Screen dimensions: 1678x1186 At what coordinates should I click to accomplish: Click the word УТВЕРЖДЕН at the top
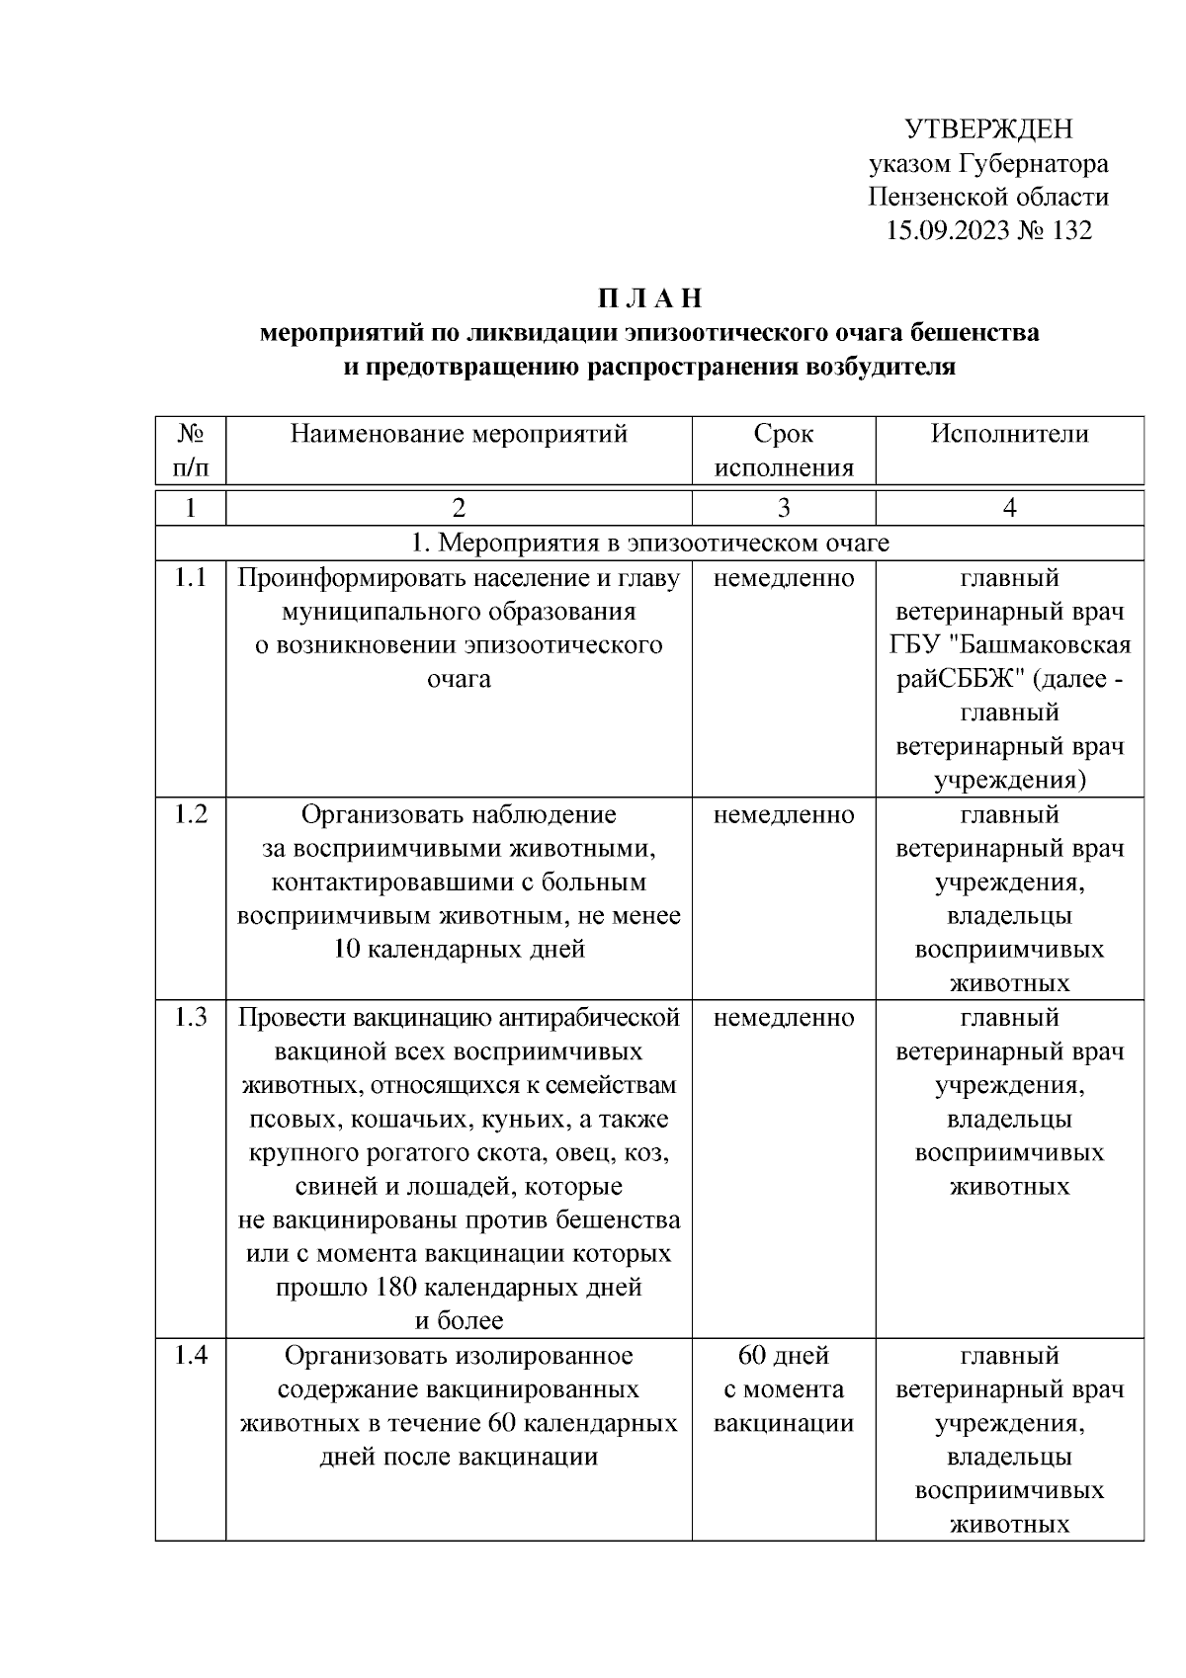click(988, 129)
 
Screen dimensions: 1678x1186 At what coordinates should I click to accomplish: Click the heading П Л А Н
click(648, 298)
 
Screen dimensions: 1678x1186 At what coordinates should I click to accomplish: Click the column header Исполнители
click(1009, 434)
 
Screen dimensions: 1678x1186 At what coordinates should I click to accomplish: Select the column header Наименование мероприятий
click(459, 434)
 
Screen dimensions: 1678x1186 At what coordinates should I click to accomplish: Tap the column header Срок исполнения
click(783, 451)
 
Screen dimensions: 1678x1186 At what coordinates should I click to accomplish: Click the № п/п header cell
click(191, 451)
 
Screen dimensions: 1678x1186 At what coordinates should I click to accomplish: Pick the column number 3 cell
click(783, 508)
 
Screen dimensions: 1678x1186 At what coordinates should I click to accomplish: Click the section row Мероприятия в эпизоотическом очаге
click(649, 543)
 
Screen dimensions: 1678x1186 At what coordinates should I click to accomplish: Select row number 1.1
click(191, 578)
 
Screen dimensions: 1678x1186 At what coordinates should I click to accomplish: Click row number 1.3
click(191, 1018)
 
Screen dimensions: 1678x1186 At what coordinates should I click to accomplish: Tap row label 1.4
click(191, 1356)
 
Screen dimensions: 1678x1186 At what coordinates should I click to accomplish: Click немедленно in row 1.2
click(783, 815)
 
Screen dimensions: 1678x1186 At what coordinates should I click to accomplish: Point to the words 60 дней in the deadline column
click(783, 1356)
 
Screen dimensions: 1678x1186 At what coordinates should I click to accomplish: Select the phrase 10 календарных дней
click(460, 950)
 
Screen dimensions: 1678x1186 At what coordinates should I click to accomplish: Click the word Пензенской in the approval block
click(930, 197)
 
